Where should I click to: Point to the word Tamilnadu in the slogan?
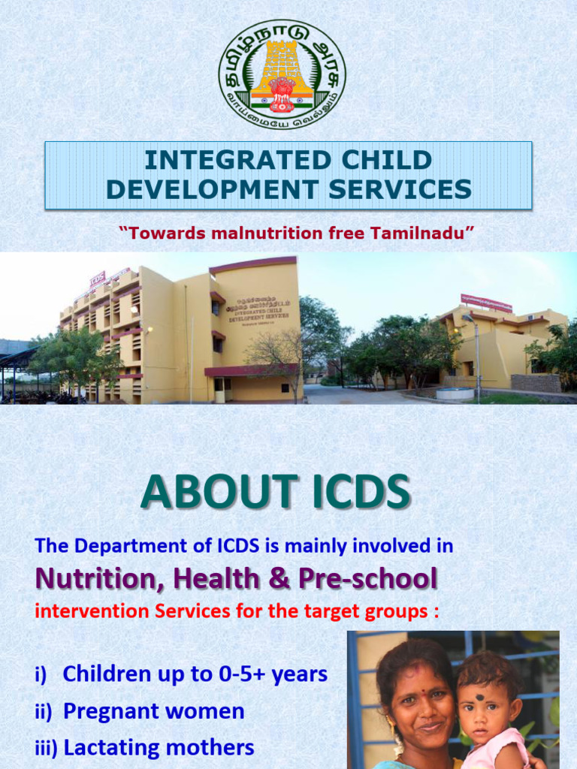pyautogui.click(x=420, y=234)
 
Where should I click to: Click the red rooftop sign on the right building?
pyautogui.click(x=486, y=303)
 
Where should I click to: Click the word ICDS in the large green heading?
pyautogui.click(x=351, y=493)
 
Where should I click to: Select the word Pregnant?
pyautogui.click(x=112, y=711)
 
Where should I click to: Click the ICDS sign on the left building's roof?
pyautogui.click(x=98, y=279)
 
